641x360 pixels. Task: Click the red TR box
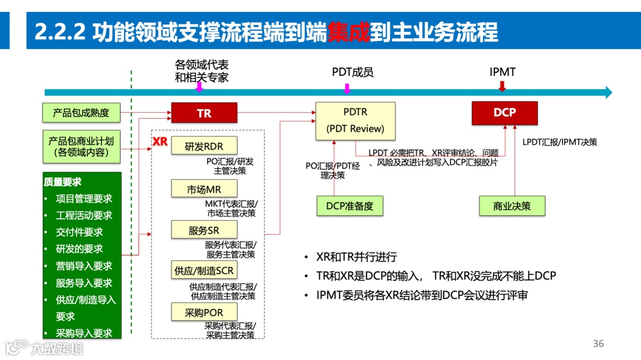[204, 113]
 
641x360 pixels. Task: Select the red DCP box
[504, 113]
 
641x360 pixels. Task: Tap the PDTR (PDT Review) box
[355, 120]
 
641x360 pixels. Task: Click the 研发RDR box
[204, 146]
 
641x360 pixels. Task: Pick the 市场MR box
[204, 189]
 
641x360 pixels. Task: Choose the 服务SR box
[204, 230]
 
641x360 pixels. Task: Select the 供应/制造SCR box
[204, 270]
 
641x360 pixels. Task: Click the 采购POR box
[204, 312]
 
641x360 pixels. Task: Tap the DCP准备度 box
[350, 206]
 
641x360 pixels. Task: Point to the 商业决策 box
[512, 206]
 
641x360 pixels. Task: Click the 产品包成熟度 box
[81, 112]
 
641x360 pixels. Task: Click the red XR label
[160, 142]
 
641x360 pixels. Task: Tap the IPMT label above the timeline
[503, 72]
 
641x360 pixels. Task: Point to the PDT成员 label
[353, 72]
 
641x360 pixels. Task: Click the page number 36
[598, 343]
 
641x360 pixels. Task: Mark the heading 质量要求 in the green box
[62, 181]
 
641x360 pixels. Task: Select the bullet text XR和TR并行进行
[357, 257]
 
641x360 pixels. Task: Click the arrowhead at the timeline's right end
[608, 92]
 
